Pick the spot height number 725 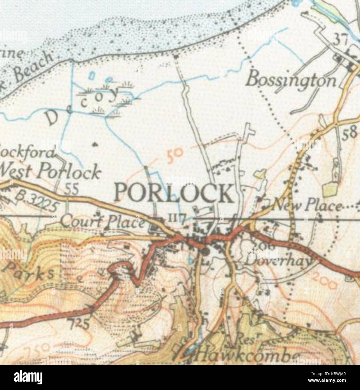tap(79, 324)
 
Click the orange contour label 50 tap(174, 155)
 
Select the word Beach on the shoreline tap(33, 66)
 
